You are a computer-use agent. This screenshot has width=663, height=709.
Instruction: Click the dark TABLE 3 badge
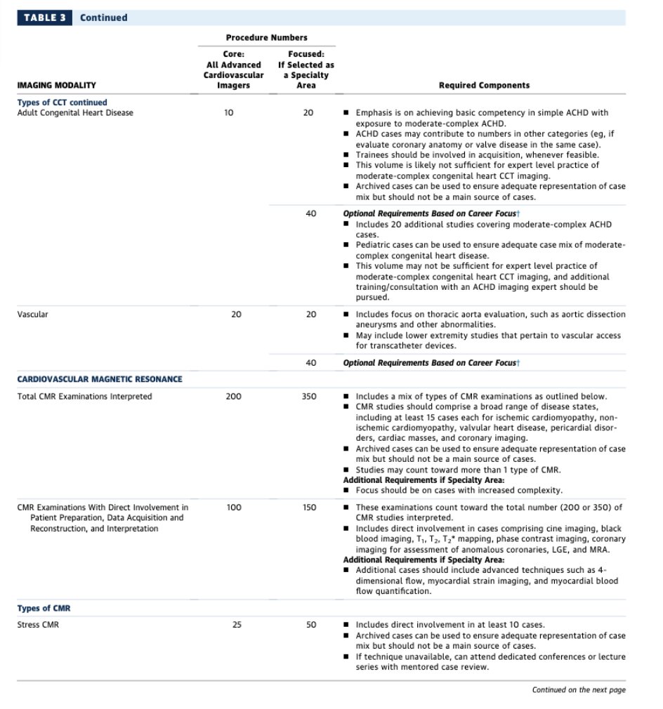[x=44, y=18]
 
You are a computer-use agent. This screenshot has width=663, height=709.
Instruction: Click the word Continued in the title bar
[x=103, y=18]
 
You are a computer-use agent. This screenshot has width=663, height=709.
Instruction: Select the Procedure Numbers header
[x=266, y=37]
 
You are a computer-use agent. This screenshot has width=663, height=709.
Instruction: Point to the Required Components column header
[x=484, y=86]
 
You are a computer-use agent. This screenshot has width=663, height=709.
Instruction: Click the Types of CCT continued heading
[x=63, y=102]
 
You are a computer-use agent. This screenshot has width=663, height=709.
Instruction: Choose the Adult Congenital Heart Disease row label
[x=75, y=113]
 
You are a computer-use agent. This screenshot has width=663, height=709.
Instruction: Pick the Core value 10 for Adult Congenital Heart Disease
[x=229, y=113]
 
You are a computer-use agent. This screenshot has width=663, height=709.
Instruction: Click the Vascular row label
[x=32, y=314]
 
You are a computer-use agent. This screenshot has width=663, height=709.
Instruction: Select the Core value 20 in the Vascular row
[x=236, y=314]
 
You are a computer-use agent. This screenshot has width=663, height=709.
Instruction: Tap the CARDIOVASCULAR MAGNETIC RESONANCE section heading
[x=99, y=379]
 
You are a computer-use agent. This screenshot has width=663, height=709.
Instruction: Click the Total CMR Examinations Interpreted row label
[x=84, y=397]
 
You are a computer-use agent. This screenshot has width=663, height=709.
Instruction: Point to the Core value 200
[x=233, y=397]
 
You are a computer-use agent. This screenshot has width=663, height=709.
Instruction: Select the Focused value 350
[x=309, y=397]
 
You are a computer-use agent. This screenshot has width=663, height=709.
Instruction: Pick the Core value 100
[x=233, y=508]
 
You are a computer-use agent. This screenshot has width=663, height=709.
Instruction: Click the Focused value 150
[x=309, y=508]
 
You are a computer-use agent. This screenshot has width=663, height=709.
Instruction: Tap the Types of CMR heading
[x=44, y=608]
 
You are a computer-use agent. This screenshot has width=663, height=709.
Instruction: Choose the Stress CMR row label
[x=38, y=625]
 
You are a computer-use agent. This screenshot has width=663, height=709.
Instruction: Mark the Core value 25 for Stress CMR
[x=237, y=625]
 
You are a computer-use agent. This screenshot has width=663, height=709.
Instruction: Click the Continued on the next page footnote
[x=578, y=690]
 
